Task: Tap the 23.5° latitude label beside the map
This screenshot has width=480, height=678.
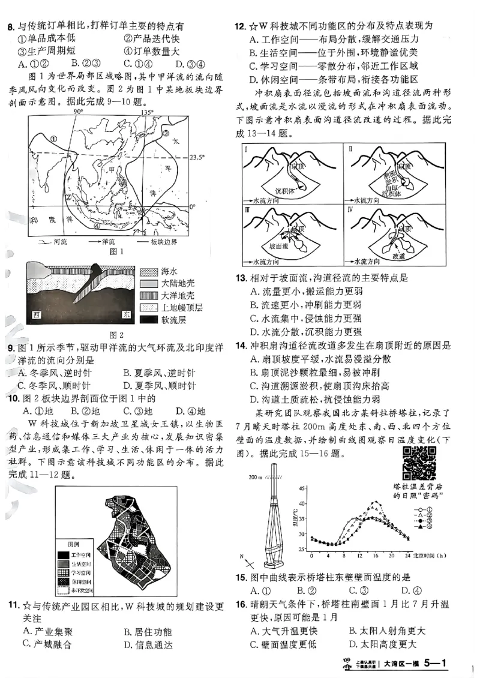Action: tap(196, 157)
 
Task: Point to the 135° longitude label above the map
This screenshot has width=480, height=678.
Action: tap(147, 112)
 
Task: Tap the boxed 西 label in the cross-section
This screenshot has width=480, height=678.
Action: tap(38, 314)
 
